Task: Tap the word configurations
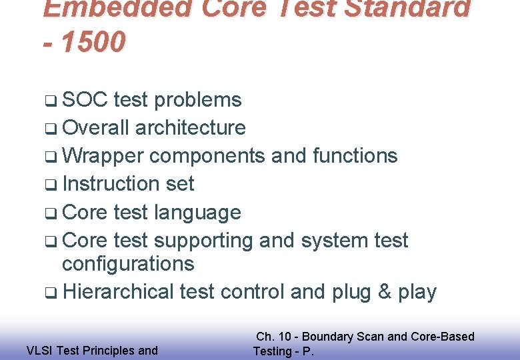(128, 264)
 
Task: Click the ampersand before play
(382, 292)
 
